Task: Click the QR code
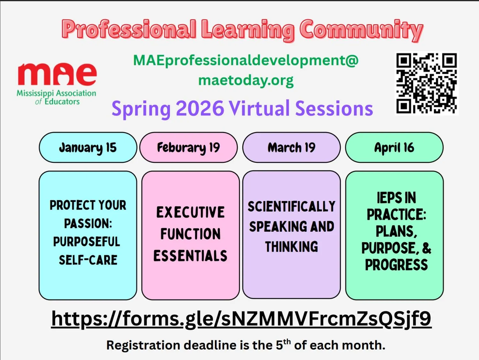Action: pyautogui.click(x=427, y=83)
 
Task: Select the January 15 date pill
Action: pyautogui.click(x=88, y=147)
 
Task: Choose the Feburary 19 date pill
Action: pyautogui.click(x=188, y=147)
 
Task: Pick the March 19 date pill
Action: pyautogui.click(x=291, y=147)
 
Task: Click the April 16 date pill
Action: pyautogui.click(x=394, y=147)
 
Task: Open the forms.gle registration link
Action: pyautogui.click(x=241, y=319)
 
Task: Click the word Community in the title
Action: pyautogui.click(x=361, y=30)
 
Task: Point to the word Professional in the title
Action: pyautogui.click(x=129, y=30)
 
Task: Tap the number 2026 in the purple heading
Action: pyautogui.click(x=200, y=109)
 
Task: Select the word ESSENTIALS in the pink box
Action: pyautogui.click(x=190, y=256)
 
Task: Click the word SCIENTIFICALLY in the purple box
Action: pyautogui.click(x=292, y=206)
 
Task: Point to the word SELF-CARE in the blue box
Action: pyautogui.click(x=88, y=260)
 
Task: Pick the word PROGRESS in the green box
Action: pyautogui.click(x=396, y=265)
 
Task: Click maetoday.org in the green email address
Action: pyautogui.click(x=246, y=80)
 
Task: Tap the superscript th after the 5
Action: pyautogui.click(x=287, y=342)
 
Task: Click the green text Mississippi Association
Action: pyautogui.click(x=56, y=94)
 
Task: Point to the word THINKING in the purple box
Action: pyautogui.click(x=291, y=247)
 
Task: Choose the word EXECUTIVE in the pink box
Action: pyautogui.click(x=190, y=212)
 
